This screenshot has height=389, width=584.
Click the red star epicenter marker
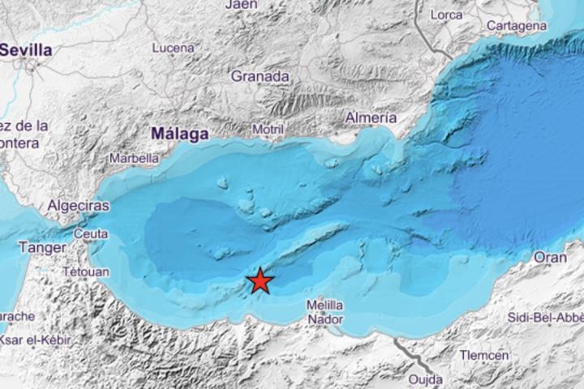(x=260, y=280)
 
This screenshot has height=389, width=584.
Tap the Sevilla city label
(x=26, y=50)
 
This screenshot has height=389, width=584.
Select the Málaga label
(x=180, y=133)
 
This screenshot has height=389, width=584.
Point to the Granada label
(x=260, y=76)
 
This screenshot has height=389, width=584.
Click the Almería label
(x=371, y=118)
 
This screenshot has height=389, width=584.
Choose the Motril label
(x=268, y=130)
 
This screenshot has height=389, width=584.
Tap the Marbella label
(x=134, y=159)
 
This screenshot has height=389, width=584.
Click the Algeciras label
(x=79, y=206)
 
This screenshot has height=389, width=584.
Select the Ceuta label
(x=91, y=234)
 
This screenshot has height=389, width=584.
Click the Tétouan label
(x=85, y=271)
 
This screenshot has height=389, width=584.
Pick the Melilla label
(x=324, y=305)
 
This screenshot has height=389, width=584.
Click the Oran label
(x=550, y=257)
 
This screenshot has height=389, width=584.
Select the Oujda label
(x=425, y=378)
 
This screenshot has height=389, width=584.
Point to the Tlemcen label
(x=484, y=355)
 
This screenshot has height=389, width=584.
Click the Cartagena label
(x=517, y=26)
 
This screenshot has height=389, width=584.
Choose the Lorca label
(x=446, y=14)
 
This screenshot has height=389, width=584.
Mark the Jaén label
(x=243, y=5)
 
